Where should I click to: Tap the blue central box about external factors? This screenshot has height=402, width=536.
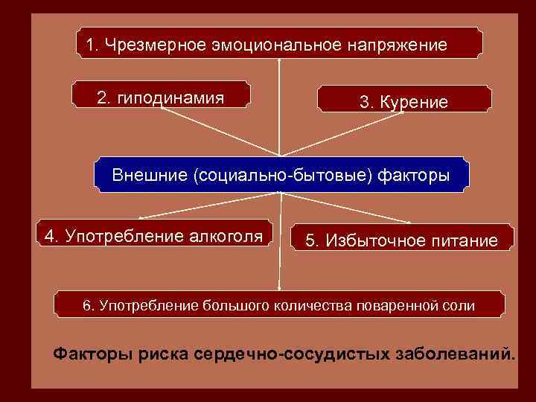(x=281, y=176)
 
